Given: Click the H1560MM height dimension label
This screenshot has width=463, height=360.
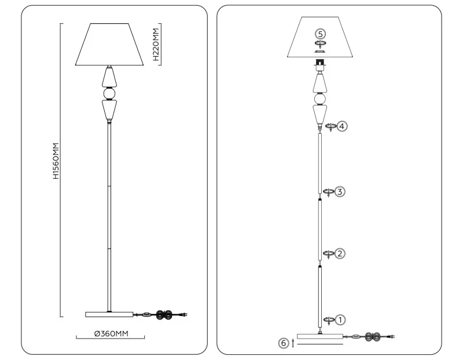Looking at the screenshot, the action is point(56,161).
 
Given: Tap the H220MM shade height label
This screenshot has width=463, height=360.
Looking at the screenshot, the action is point(156,45).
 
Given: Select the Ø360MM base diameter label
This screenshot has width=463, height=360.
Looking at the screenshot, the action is point(111,334).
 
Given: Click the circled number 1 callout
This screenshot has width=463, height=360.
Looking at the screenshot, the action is point(340,320).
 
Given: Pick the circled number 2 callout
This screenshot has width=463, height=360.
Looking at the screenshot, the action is point(340,254).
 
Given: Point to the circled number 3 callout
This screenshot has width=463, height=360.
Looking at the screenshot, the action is point(340,192).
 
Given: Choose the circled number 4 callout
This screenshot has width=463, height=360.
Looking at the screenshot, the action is point(341,126).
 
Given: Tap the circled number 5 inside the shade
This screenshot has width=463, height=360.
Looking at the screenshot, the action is point(321,34).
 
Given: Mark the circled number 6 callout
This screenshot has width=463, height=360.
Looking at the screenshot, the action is point(284,343).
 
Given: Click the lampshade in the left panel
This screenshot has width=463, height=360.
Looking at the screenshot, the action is point(109,45).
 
